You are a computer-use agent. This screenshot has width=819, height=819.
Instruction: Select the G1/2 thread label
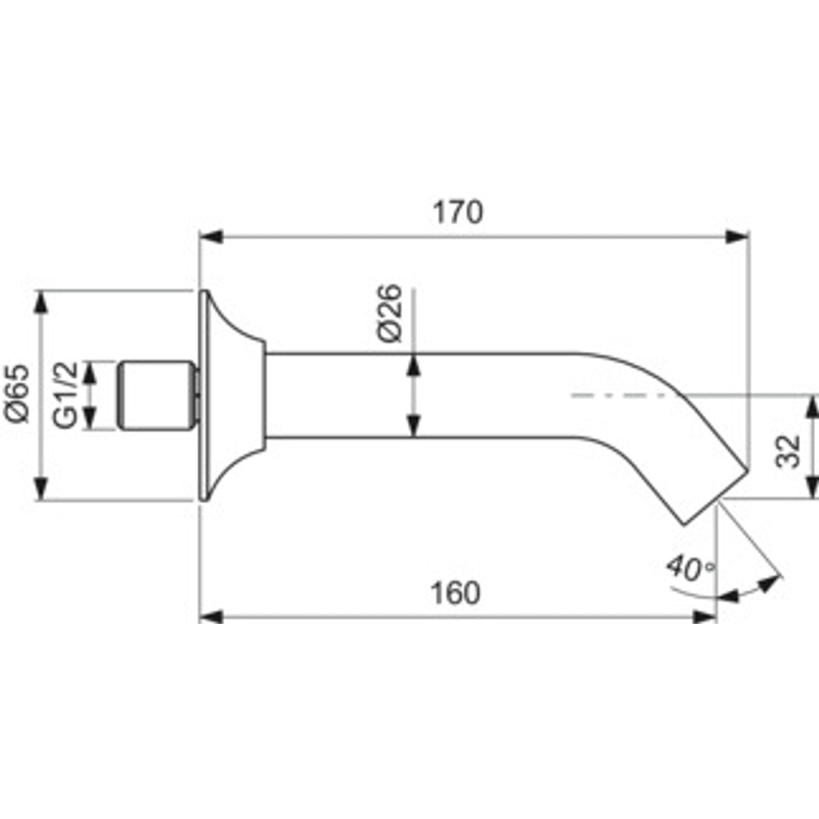(66, 395)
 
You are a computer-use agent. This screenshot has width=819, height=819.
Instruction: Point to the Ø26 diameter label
(389, 313)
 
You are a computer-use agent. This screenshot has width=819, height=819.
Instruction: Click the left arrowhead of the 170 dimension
(211, 236)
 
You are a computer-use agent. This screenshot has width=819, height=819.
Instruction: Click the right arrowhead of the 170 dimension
(736, 236)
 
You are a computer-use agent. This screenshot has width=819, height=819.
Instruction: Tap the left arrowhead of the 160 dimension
(211, 617)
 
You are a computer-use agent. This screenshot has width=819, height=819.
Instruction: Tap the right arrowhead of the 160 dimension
(704, 617)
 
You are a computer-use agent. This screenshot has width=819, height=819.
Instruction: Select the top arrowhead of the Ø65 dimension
(41, 302)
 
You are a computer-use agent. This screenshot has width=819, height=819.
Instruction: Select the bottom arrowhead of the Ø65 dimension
(41, 489)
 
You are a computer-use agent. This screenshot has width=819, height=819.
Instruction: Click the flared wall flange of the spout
(231, 396)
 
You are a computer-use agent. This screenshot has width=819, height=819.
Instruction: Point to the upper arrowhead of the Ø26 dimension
(414, 365)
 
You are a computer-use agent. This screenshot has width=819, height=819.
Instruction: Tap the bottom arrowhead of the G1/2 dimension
(89, 417)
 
